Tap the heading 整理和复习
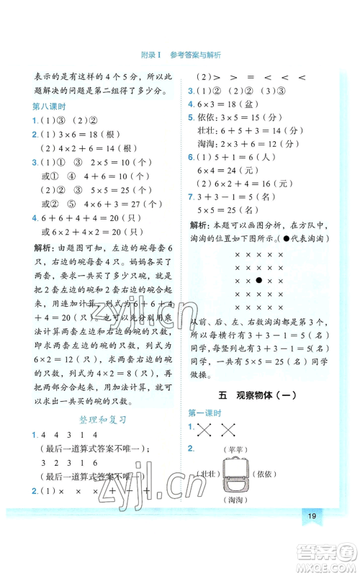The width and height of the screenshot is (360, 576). [x=101, y=418]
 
